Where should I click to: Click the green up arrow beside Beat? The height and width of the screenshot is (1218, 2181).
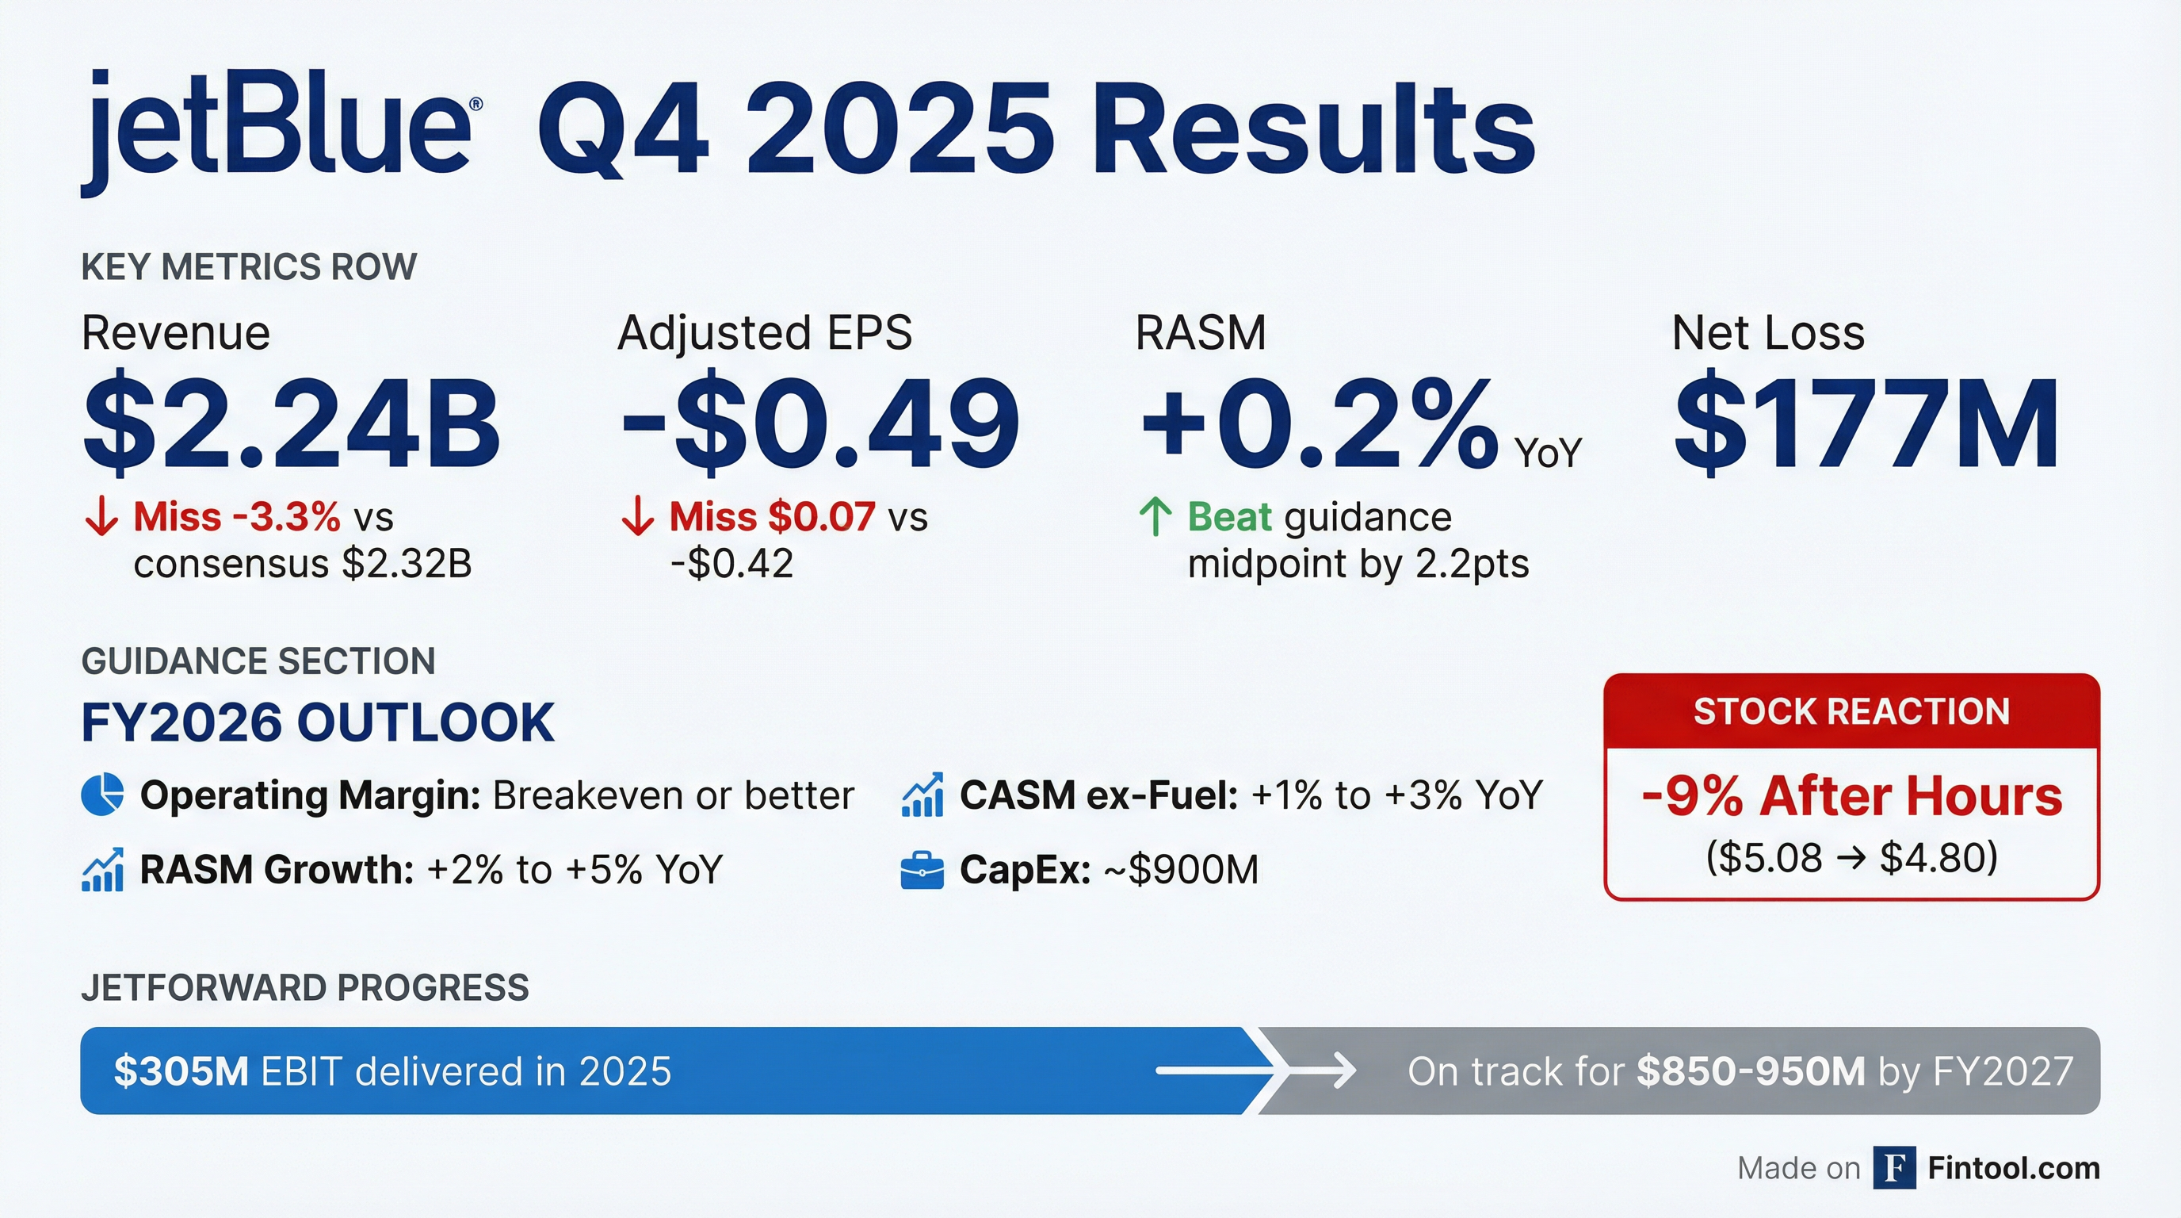[x=1155, y=517]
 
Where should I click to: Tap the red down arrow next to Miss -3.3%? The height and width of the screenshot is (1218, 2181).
[x=101, y=517]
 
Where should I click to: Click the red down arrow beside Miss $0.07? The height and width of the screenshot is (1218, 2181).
[x=637, y=517]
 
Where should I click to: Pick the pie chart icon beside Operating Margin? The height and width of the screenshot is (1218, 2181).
[x=102, y=795]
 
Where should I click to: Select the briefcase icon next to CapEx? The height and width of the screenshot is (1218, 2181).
[x=922, y=870]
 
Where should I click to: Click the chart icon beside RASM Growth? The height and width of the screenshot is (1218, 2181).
[x=102, y=870]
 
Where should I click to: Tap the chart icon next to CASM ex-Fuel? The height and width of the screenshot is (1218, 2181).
[x=922, y=795]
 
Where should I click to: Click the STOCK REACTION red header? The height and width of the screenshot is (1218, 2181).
[x=1851, y=711]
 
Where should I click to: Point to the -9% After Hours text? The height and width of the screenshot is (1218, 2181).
[x=1851, y=796]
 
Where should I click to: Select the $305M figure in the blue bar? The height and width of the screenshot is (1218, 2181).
[x=181, y=1071]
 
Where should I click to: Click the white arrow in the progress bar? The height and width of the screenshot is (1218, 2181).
[x=1255, y=1071]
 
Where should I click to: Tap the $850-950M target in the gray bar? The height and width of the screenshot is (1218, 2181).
[x=1751, y=1071]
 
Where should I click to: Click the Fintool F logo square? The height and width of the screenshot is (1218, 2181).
[x=1895, y=1168]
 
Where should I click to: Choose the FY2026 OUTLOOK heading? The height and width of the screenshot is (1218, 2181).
[x=318, y=722]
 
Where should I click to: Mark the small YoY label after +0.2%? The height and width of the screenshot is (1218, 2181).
[x=1548, y=454]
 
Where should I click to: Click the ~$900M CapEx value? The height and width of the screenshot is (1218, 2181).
[x=1182, y=870]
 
